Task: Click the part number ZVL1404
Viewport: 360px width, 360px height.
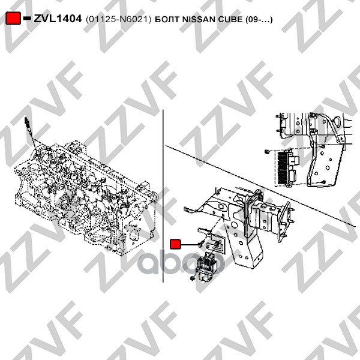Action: click(57, 19)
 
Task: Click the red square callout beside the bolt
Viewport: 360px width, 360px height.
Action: click(176, 244)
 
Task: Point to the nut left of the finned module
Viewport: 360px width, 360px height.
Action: click(266, 152)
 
